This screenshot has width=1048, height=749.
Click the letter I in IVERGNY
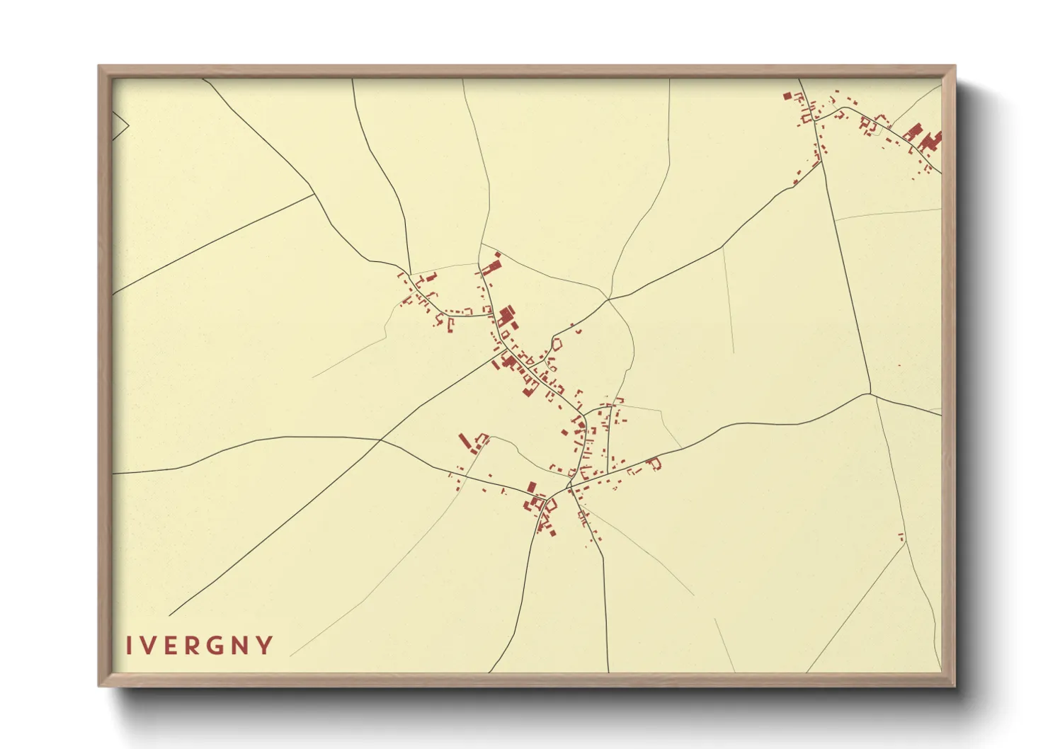(x=129, y=646)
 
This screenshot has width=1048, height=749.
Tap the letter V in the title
(x=148, y=646)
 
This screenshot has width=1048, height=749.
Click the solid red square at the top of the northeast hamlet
(x=787, y=95)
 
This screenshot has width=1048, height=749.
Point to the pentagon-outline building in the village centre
(x=557, y=344)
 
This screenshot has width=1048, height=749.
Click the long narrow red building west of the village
(x=465, y=442)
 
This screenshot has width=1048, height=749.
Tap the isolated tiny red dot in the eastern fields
(x=899, y=365)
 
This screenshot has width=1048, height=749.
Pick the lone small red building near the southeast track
(x=901, y=536)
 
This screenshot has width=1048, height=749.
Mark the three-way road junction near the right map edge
(x=870, y=393)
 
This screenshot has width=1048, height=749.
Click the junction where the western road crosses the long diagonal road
(x=381, y=440)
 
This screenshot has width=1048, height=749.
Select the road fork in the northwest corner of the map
(x=314, y=193)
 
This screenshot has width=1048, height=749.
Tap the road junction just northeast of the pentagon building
(x=608, y=300)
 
